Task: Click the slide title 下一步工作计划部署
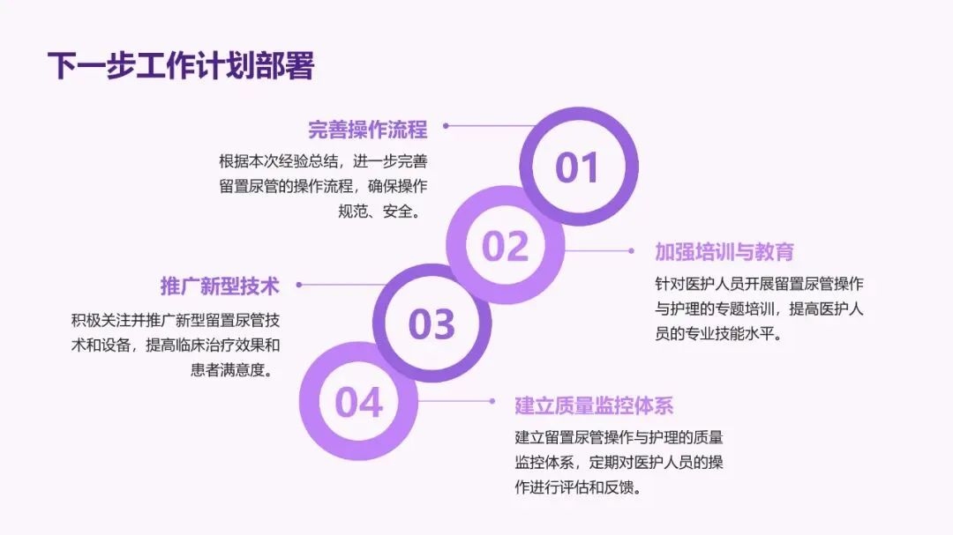[x=180, y=66]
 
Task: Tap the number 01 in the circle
[x=577, y=167]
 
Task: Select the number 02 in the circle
[x=505, y=246]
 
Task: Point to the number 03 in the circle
[x=431, y=324]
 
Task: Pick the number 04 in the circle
[x=358, y=402]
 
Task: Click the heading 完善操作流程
[x=367, y=130]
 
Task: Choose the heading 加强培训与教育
[x=724, y=251]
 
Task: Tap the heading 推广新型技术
[x=220, y=286]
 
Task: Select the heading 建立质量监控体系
[x=594, y=405]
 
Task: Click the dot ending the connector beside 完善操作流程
[x=446, y=126]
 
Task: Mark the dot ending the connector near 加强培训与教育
[x=631, y=250]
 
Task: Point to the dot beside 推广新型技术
[x=299, y=285]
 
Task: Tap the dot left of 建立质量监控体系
[x=492, y=401]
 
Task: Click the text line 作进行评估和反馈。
[x=577, y=487]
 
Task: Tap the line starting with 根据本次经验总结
[x=323, y=161]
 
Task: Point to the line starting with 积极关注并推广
[x=176, y=319]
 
